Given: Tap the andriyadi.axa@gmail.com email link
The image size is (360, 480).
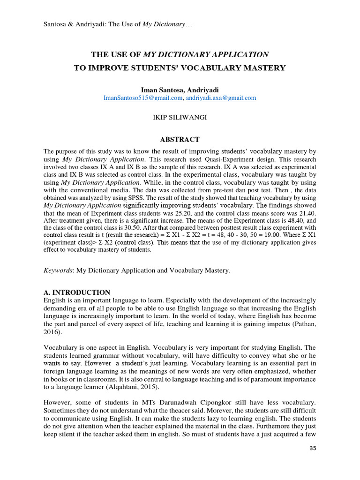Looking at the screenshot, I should click(x=221, y=98).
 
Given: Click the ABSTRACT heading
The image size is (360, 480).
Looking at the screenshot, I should click(x=180, y=140).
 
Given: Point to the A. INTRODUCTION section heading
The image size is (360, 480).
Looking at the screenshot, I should click(x=77, y=292).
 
